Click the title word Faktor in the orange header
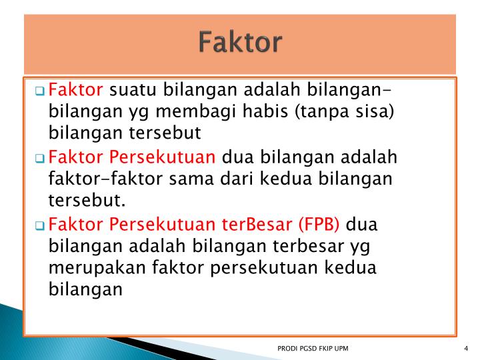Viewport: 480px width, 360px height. click(x=240, y=43)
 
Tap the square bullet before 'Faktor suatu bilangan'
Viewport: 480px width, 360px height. click(x=41, y=91)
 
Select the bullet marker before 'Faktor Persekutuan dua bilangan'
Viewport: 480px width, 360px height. click(x=41, y=159)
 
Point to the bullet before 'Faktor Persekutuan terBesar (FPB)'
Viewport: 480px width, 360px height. click(x=41, y=225)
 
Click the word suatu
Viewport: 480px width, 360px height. click(x=131, y=89)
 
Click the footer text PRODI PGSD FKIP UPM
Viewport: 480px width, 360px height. click(x=312, y=349)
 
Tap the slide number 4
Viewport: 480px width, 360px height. click(x=464, y=349)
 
